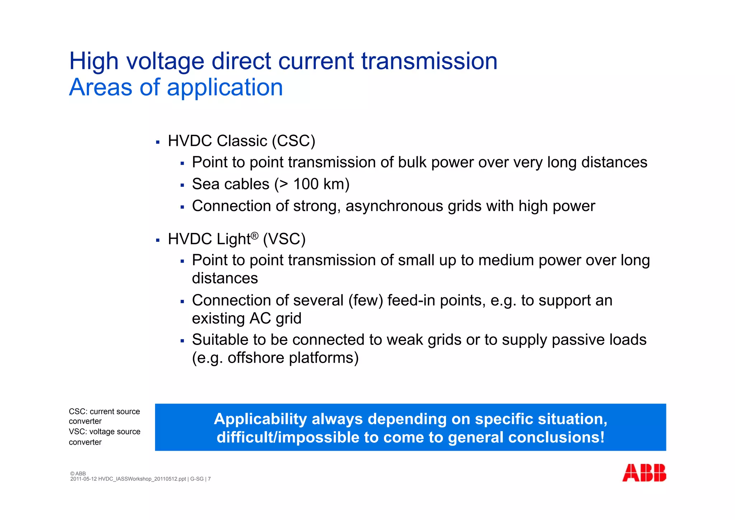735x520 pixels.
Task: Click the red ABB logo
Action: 644,473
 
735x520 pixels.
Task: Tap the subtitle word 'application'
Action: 225,87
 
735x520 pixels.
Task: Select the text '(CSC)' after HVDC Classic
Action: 293,141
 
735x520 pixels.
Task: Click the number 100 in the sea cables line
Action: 306,184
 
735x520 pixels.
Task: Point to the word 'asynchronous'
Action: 394,206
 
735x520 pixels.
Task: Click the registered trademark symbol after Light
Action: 254,236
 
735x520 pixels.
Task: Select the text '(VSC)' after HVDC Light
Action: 284,239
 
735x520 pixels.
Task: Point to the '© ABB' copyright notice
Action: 78,474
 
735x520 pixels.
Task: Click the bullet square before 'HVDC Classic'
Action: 158,142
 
